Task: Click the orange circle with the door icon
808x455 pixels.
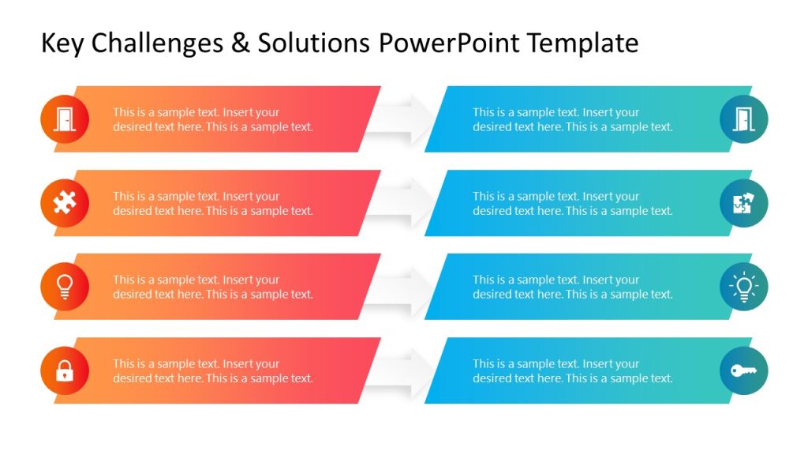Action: [x=65, y=119]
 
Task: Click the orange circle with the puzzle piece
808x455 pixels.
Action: [x=65, y=203]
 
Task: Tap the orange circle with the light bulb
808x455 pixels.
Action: [x=65, y=287]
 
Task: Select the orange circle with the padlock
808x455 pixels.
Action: [x=65, y=370]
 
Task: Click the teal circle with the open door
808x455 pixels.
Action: [x=743, y=119]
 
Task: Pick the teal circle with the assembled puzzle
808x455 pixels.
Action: [x=743, y=203]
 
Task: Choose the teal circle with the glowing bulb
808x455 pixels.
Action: [x=743, y=287]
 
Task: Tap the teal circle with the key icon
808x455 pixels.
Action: [x=743, y=370]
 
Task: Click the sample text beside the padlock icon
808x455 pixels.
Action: [x=212, y=371]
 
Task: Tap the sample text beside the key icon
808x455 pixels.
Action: [x=572, y=371]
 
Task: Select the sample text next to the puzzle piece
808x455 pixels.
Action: [x=212, y=204]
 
